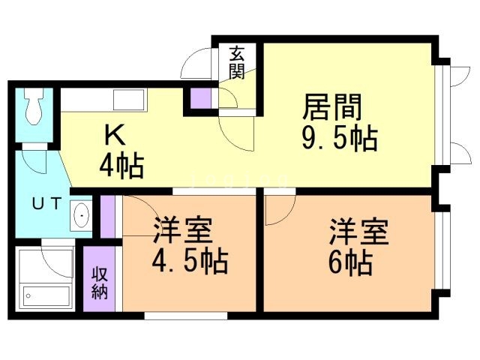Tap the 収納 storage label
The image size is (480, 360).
tap(99, 283)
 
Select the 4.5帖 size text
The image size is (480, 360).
tap(192, 262)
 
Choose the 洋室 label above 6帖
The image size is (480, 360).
tap(358, 232)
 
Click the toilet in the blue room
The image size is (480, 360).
tap(33, 109)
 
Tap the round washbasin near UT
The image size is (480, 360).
tap(81, 217)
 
